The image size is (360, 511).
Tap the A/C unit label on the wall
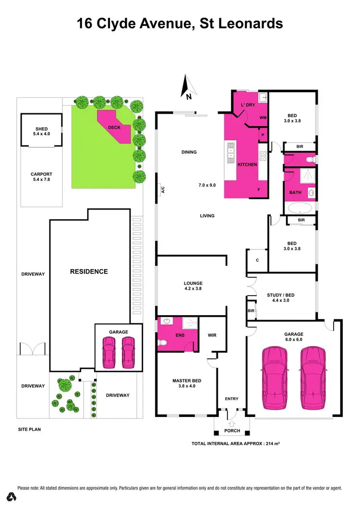[x=163, y=190]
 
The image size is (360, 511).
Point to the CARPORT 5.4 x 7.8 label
[x=42, y=177]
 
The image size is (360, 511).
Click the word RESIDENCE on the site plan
[x=89, y=272]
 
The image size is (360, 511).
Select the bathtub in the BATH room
[x=299, y=209]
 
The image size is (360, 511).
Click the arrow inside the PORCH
[x=232, y=424]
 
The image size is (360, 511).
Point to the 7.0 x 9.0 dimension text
[x=207, y=185]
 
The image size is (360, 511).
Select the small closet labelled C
[x=257, y=261]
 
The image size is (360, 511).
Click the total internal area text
[x=235, y=444]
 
